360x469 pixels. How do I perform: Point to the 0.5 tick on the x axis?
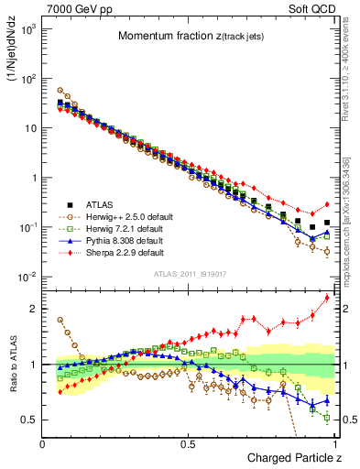pos(188,443)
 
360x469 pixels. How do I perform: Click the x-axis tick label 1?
pos(334,443)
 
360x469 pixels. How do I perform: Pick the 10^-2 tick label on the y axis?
pos(28,278)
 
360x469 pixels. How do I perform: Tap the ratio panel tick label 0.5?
pos(30,420)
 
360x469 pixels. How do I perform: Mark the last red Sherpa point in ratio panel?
pos(327,298)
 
